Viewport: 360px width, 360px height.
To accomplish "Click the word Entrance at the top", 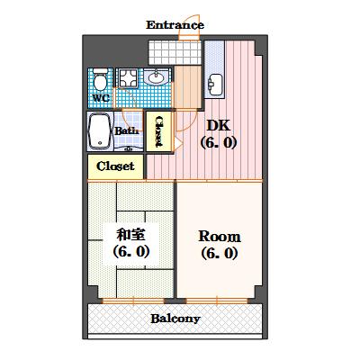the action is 175,25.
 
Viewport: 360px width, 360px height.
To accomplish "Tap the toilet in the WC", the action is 100,79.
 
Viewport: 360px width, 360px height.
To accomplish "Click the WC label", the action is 101,98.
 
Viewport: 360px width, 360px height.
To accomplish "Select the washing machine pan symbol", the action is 127,78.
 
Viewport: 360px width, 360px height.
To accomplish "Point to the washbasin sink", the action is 156,77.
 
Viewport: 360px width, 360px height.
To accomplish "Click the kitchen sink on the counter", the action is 215,85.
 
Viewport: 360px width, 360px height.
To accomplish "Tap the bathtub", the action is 99,131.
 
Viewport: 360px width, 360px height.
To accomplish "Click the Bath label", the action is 127,131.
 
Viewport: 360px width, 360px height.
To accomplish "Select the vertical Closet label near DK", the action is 158,131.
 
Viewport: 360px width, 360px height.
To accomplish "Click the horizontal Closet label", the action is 115,166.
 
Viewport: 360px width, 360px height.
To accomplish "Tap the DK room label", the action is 219,125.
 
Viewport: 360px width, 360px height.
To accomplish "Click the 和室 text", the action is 131,235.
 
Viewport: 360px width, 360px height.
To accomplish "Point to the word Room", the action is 220,237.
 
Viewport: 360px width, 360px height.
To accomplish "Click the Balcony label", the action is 175,319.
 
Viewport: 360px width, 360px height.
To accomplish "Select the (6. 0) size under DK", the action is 219,143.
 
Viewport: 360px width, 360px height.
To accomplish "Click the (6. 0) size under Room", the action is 220,254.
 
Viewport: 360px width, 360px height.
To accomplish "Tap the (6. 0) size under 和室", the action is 131,252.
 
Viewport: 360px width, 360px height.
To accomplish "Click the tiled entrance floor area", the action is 175,52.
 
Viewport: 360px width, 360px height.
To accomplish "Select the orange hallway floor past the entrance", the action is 188,87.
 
